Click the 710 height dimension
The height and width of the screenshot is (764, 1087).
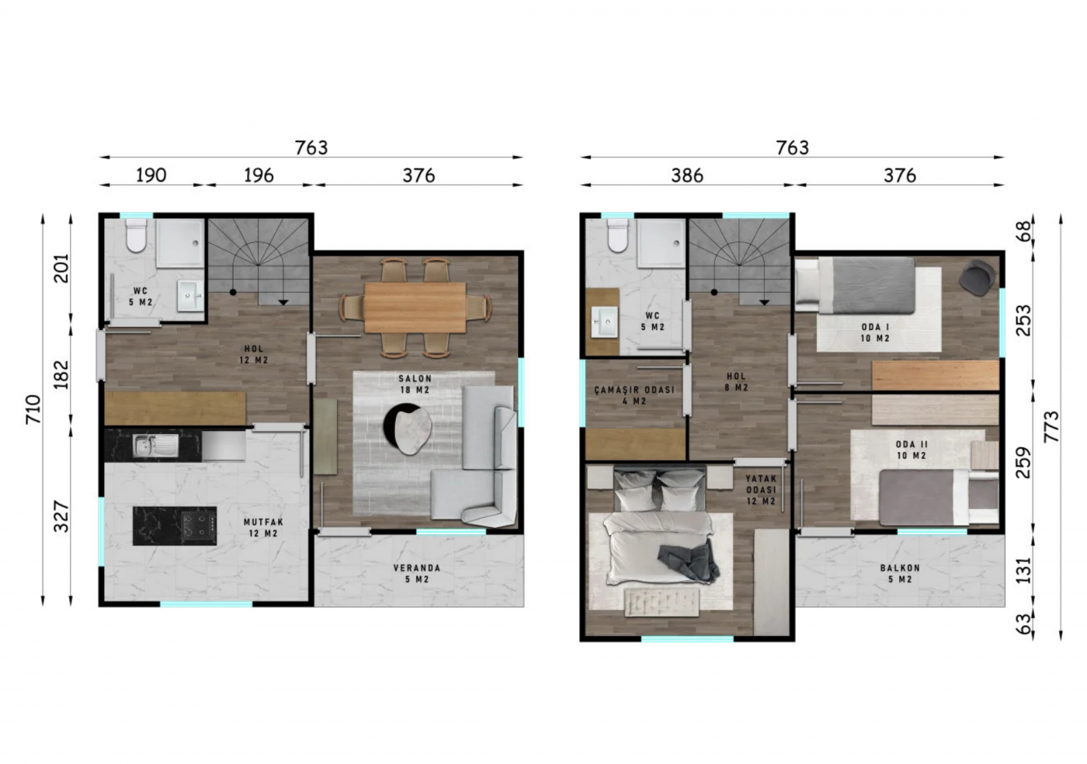[33, 409]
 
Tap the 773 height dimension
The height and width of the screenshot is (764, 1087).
[1051, 426]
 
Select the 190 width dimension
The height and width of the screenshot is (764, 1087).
[151, 175]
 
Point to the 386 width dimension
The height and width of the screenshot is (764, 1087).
[687, 175]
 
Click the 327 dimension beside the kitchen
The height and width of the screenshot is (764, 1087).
[61, 516]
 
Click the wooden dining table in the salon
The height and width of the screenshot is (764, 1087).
[415, 307]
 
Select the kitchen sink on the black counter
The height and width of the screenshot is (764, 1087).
[155, 445]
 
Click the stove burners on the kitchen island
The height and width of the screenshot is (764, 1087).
[199, 526]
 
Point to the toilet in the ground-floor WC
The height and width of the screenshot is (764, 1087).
[136, 235]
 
